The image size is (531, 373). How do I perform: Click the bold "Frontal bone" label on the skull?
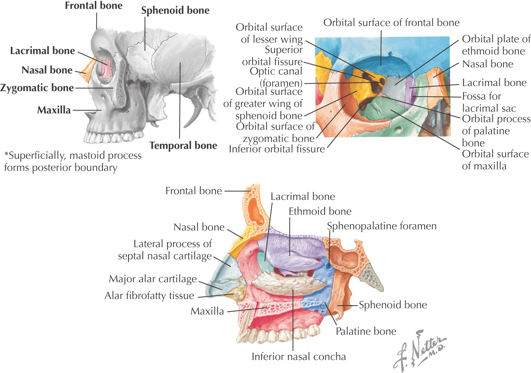[93, 6]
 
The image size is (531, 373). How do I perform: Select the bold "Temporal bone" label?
[183, 146]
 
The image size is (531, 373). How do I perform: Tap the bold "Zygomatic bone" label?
[37, 88]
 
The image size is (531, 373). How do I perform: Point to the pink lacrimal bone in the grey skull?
[106, 68]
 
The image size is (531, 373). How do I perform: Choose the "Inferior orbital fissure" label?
[277, 149]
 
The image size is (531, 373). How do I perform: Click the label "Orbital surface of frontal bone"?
[391, 23]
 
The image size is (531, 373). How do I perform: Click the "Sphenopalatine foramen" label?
[382, 226]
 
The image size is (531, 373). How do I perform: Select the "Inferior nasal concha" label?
[299, 357]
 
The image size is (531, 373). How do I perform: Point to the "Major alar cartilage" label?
[153, 279]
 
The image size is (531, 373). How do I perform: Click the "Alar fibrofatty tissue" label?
[149, 296]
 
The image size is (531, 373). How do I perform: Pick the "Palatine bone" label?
[366, 331]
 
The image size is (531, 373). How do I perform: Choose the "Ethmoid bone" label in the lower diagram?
[320, 211]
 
